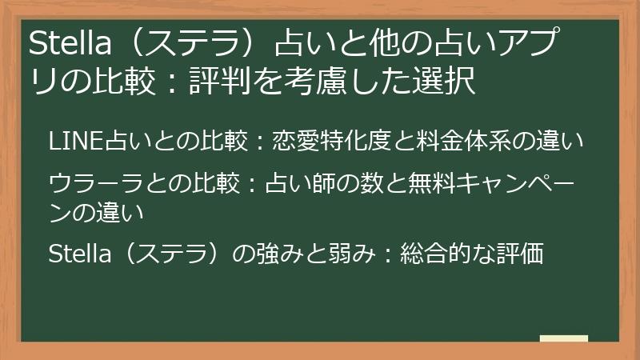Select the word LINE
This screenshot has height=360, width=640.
click(67, 142)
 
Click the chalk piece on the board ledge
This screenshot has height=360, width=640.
click(564, 338)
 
